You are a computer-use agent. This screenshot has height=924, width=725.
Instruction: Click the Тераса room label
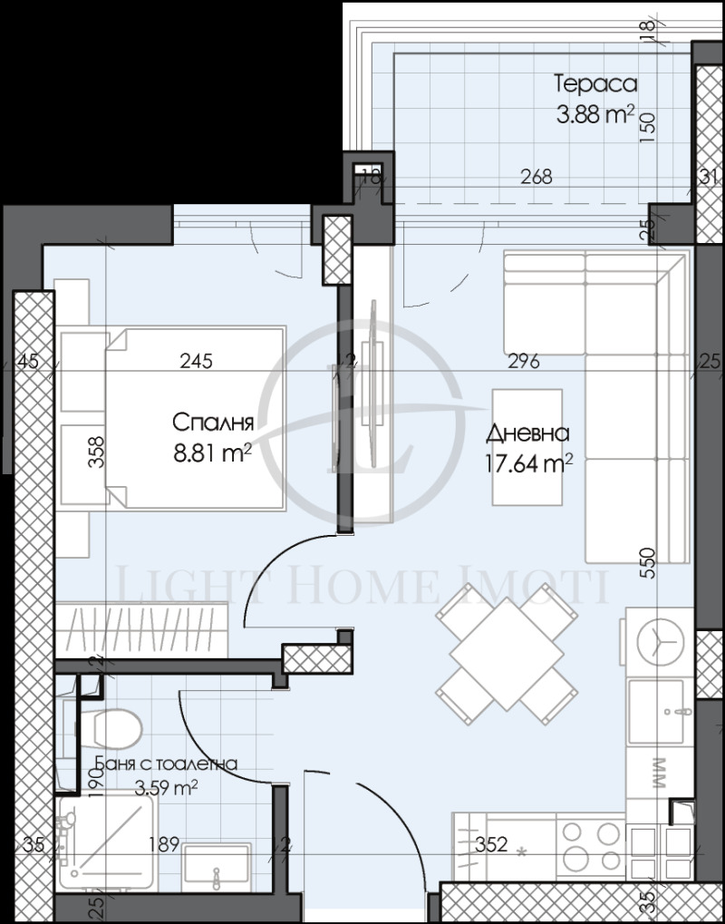click(x=595, y=84)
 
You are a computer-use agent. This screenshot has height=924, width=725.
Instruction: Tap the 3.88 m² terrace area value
click(x=594, y=115)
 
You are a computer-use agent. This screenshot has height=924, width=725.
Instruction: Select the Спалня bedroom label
click(x=212, y=423)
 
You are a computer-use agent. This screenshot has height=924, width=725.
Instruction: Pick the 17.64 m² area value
click(x=528, y=465)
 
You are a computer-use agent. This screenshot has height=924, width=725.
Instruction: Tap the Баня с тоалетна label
click(x=166, y=764)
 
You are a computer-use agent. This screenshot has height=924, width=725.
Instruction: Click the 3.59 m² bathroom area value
click(x=166, y=788)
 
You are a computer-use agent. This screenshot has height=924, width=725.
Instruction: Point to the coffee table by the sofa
click(x=527, y=447)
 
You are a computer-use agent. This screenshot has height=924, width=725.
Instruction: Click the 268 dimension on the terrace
click(x=536, y=177)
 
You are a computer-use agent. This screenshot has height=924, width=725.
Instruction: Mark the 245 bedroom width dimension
click(x=196, y=362)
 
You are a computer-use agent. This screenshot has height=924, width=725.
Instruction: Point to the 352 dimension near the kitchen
click(x=491, y=845)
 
